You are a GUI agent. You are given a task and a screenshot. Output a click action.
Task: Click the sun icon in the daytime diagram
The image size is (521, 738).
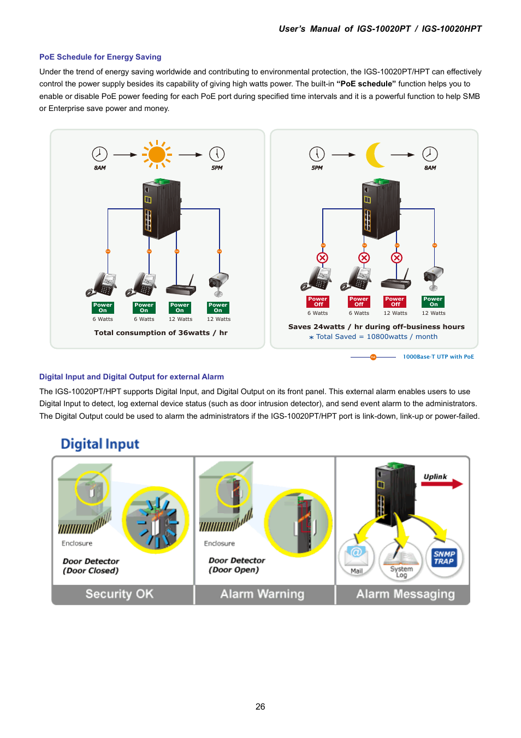[x=157, y=155]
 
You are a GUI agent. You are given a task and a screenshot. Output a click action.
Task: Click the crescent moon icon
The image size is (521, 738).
[x=375, y=155]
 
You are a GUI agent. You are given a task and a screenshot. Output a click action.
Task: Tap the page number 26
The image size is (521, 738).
[x=260, y=706]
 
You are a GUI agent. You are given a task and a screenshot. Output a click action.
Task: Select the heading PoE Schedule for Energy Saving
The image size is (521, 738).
[x=100, y=57]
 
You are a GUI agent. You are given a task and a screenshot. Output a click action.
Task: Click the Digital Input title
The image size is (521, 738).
[x=100, y=444]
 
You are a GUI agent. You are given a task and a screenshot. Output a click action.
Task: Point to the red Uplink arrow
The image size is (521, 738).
[x=442, y=484]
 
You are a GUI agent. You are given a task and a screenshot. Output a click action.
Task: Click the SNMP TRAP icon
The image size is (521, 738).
[x=444, y=558]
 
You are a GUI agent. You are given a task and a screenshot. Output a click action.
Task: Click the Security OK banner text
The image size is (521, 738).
[x=120, y=594]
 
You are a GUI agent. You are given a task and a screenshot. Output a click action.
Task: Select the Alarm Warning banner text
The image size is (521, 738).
[x=262, y=594]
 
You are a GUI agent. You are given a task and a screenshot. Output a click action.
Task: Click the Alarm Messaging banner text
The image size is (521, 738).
[x=405, y=594]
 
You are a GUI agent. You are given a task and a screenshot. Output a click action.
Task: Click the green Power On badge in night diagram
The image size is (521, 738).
[x=433, y=302]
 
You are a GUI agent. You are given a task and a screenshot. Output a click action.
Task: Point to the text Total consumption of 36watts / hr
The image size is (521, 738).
[x=161, y=333]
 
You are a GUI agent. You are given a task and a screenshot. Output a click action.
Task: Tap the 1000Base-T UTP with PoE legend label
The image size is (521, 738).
[x=438, y=357]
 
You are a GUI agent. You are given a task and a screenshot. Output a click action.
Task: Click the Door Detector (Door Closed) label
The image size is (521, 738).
[x=91, y=566]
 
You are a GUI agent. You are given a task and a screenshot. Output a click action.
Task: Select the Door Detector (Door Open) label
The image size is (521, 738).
[x=236, y=565]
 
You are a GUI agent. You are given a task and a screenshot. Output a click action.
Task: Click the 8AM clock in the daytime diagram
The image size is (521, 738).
[x=99, y=154]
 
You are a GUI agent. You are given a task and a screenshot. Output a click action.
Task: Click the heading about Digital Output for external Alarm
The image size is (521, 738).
[x=131, y=377]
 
